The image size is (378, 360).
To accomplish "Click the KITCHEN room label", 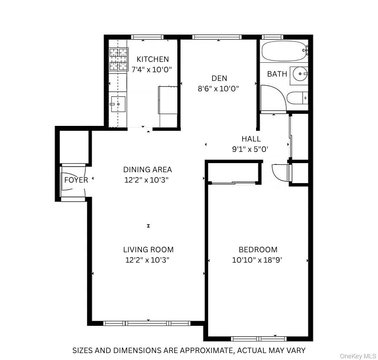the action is pos(153,59).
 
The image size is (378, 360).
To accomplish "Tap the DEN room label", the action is pos(219,78).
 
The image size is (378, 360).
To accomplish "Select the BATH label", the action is pos(277,74).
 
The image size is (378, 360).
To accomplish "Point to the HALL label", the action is pos(251,138).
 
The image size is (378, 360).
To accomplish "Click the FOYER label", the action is pos(76,180).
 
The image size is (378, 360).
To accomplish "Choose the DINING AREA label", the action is pos(147,170).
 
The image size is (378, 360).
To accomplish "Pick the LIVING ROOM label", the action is pos(148,250).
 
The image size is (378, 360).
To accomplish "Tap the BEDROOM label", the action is pos(258,250).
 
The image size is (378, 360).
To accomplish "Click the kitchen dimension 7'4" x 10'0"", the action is pos(152,70).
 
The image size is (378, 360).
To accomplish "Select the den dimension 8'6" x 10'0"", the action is pos(218,89).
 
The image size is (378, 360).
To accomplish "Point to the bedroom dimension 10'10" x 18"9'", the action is pos(257,260).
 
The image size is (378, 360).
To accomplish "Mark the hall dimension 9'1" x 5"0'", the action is pos(250,149).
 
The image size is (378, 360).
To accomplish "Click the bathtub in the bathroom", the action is pos(285,51).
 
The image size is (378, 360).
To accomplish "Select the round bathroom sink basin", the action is pos(300,74).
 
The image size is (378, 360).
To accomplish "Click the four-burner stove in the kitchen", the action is pos(119,59).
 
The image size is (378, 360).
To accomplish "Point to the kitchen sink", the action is pos(118,104).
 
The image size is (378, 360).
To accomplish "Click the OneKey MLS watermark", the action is pos(358,356).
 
